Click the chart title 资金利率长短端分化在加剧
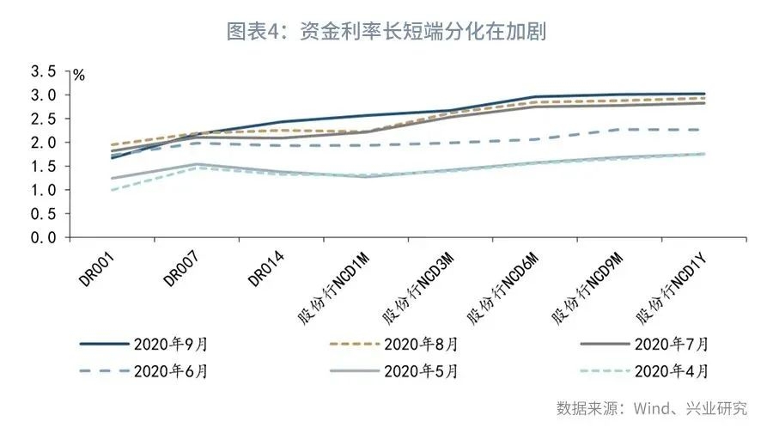(x=386, y=32)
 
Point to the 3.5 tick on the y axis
(x=43, y=71)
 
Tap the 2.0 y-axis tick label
(x=43, y=143)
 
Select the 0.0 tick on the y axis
(x=43, y=238)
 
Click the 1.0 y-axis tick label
(x=43, y=190)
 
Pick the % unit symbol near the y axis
(x=79, y=76)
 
